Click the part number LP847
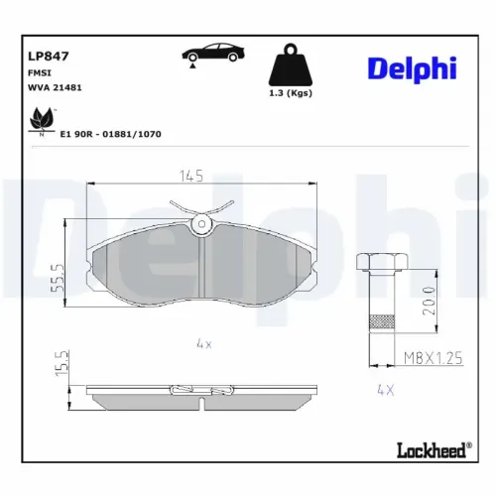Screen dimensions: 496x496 click(48, 58)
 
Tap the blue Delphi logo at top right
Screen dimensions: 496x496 click(412, 67)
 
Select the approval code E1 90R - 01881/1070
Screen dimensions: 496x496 click(111, 132)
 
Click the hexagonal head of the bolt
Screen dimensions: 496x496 click(379, 262)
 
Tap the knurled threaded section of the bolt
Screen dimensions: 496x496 click(379, 323)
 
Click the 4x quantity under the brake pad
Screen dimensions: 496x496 click(203, 344)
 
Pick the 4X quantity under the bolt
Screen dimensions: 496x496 click(385, 390)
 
